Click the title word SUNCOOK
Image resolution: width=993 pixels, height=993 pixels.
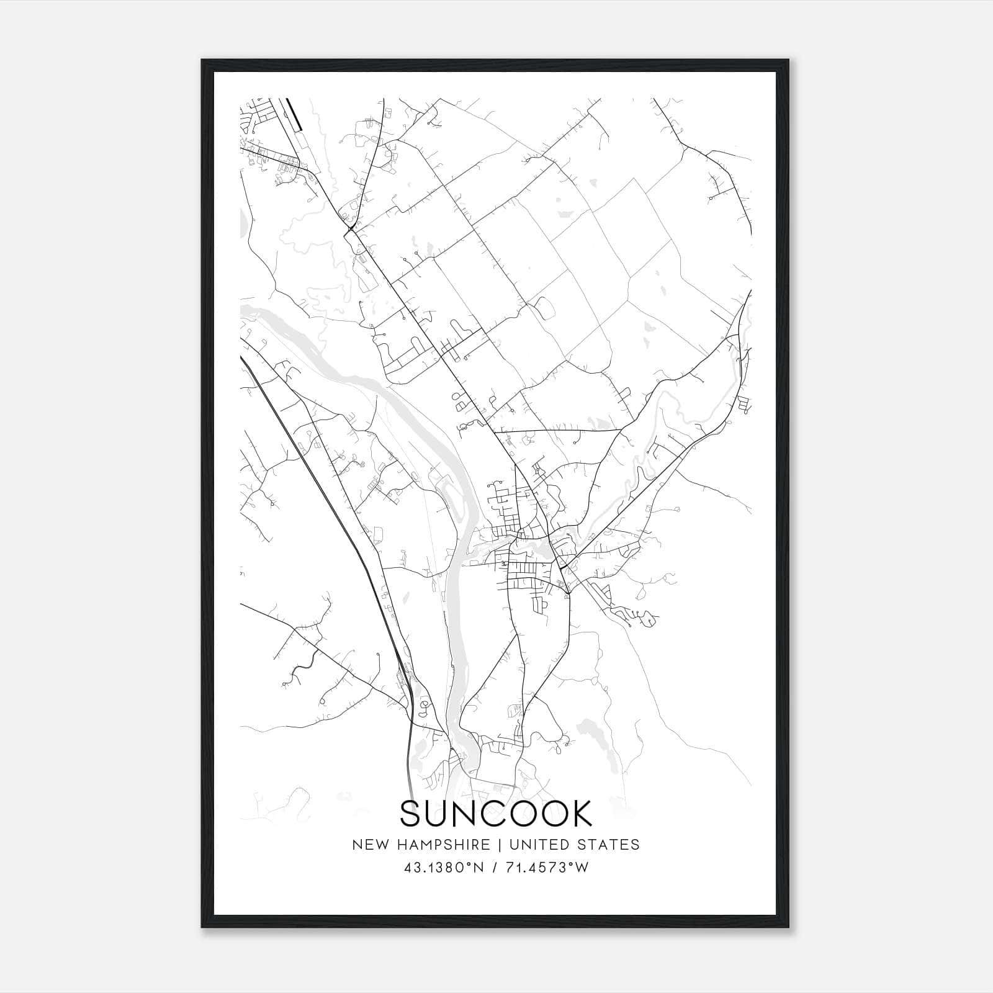coord(496,814)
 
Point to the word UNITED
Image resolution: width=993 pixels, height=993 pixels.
coord(546,845)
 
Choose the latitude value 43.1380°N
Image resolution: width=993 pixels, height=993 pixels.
coord(443,868)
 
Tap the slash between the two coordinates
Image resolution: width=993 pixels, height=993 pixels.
coord(495,868)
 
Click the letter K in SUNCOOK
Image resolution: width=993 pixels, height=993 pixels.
coord(580,814)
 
